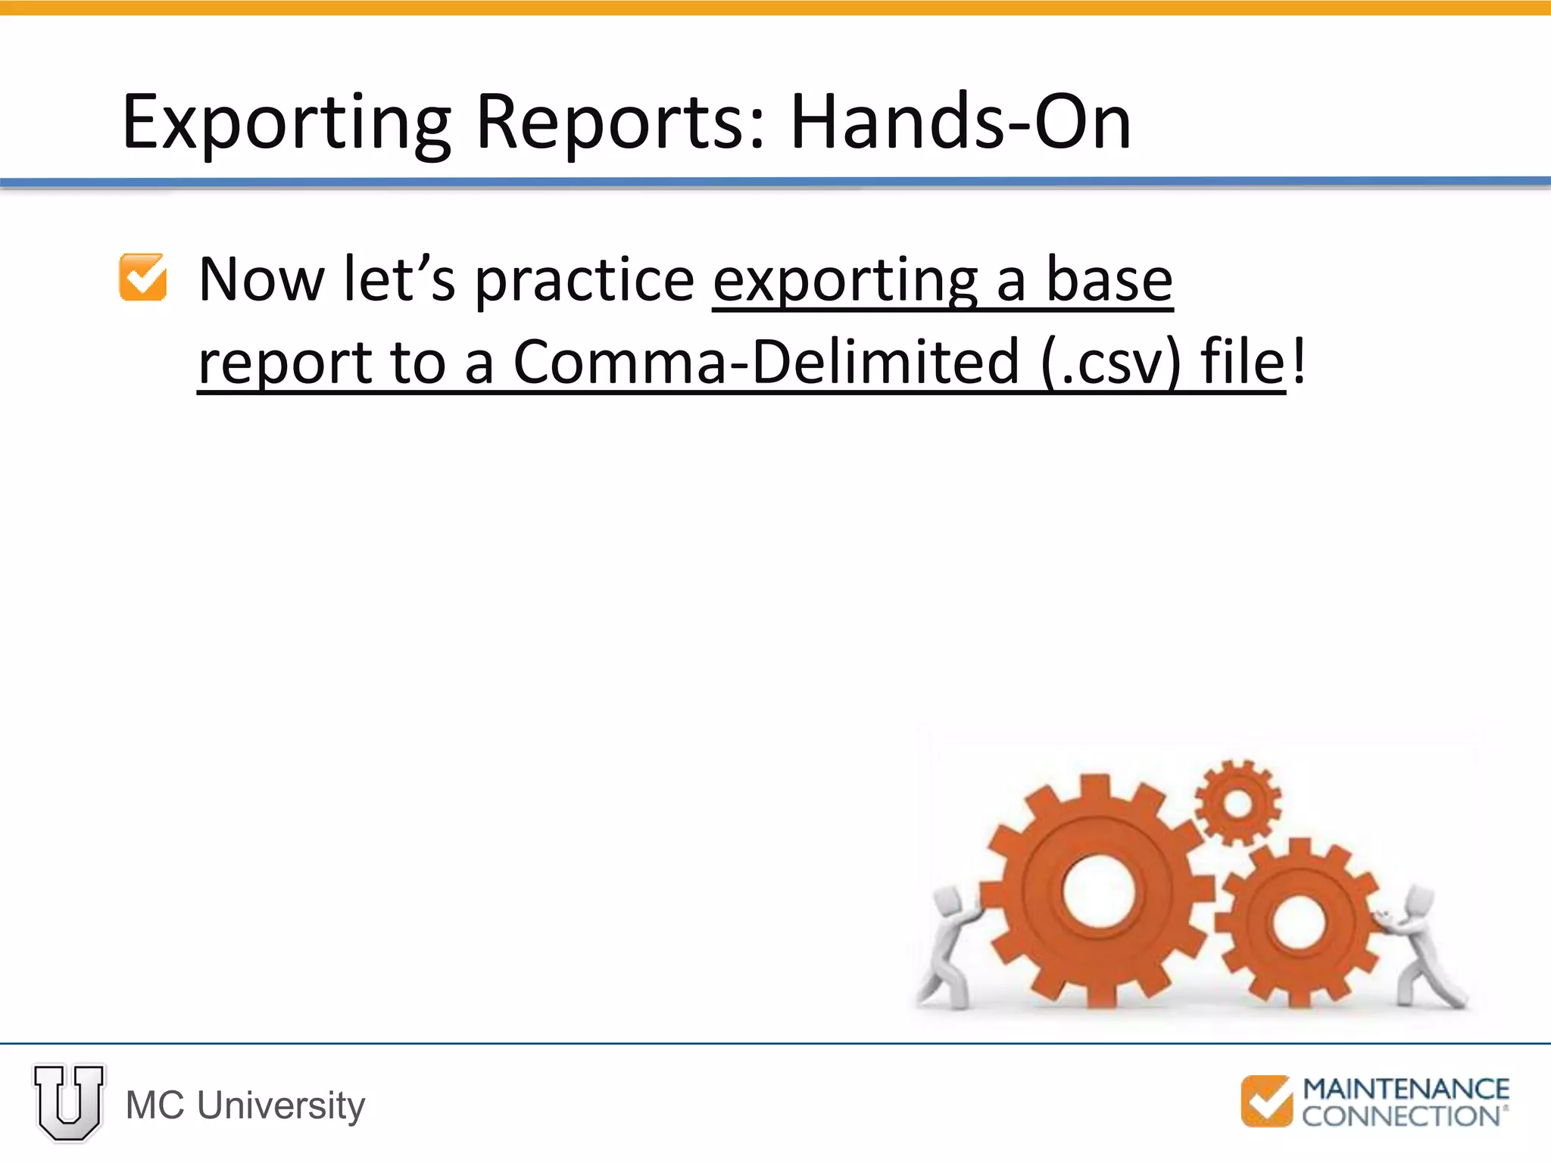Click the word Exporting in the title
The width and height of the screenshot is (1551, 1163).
point(286,123)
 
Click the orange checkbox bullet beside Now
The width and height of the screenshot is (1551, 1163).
point(143,278)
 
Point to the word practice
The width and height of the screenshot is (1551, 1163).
point(585,280)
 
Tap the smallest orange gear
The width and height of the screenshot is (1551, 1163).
point(1237,803)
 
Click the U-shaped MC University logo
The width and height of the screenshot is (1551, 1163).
point(69,1102)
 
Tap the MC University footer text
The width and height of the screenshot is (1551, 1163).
point(245,1105)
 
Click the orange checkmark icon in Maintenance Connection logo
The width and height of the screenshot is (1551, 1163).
point(1266,1101)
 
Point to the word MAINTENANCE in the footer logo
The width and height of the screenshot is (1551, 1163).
point(1406,1090)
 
